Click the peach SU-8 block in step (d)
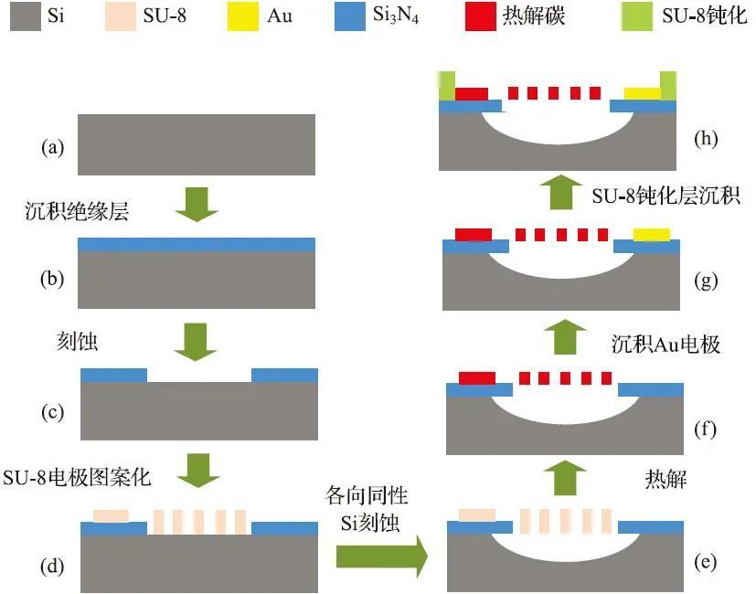(x=112, y=516)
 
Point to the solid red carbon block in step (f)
(x=476, y=378)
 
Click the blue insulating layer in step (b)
(x=197, y=244)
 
